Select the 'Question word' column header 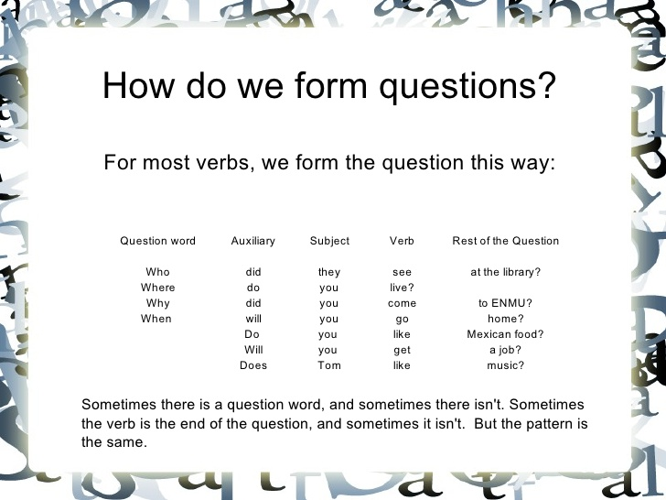point(158,241)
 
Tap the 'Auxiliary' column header point(253,241)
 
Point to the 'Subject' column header point(329,241)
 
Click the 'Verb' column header point(402,241)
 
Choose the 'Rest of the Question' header point(505,241)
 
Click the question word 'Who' point(157,272)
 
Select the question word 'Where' point(157,288)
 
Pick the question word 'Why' point(157,303)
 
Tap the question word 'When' point(156,319)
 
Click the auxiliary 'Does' point(253,365)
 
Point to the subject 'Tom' point(329,365)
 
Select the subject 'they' point(329,272)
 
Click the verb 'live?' point(402,288)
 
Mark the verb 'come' point(402,303)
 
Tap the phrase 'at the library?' point(505,272)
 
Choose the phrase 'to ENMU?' point(505,303)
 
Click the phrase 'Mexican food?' point(505,334)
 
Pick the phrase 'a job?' point(505,350)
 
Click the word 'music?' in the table point(505,365)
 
